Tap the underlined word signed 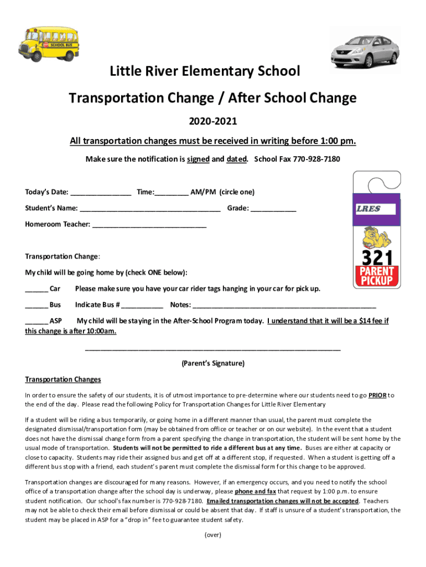198,159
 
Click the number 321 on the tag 377,257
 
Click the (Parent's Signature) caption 213,364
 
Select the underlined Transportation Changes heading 63,380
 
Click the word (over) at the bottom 213,535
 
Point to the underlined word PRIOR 377,395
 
